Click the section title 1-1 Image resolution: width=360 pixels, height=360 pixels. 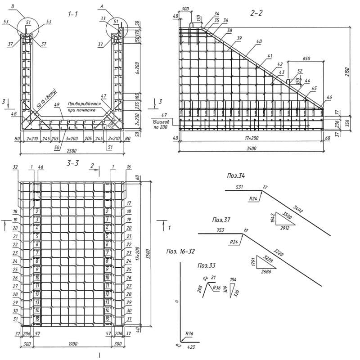tap(72, 15)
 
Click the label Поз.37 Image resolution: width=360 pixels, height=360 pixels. tap(220, 220)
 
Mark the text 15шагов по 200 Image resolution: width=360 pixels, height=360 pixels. tap(161, 125)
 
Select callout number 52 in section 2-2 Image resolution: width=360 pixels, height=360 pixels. tap(300, 70)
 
